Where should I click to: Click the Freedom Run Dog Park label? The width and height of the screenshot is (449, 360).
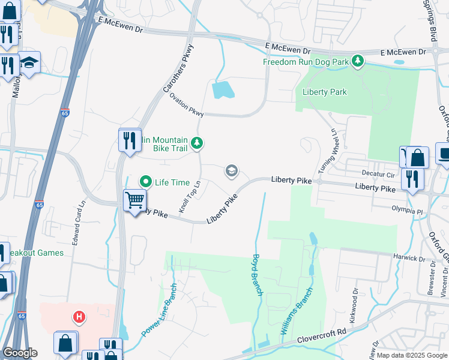pos(306,61)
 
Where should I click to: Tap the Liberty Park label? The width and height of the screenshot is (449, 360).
pos(325,92)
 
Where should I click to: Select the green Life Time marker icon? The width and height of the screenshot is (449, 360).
pos(145,181)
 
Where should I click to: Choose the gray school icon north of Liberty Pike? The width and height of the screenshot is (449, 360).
pos(231,172)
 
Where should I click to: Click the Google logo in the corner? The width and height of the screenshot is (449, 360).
pos(20,353)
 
